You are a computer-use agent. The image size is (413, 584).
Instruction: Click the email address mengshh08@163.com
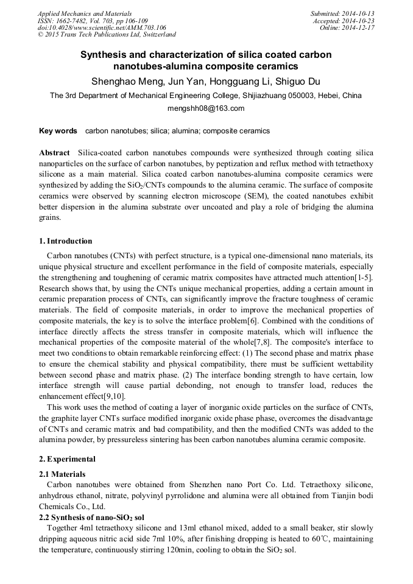(206, 108)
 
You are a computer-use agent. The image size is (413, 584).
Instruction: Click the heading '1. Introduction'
(66, 241)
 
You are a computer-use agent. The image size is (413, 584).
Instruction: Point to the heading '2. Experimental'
(67, 459)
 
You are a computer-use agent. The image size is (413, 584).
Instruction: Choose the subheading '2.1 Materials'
(62, 474)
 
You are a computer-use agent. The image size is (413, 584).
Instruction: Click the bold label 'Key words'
(58, 131)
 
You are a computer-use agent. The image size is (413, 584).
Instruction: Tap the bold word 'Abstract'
(54, 153)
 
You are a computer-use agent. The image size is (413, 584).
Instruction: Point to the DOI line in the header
(102, 28)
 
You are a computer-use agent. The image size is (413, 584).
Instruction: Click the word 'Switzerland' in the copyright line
(155, 35)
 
